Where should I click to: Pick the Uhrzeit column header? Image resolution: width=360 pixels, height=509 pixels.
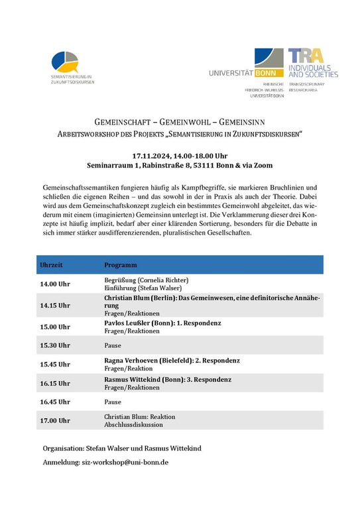point(52,264)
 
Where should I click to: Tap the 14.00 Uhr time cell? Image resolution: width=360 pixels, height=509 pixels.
point(55,284)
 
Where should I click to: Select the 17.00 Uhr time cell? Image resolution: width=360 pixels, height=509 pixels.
point(55,420)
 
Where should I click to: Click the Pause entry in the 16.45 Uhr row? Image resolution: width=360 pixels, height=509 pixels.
point(113,402)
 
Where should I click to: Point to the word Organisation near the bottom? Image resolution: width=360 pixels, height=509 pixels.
point(64,449)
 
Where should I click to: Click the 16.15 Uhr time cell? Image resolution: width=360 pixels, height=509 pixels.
point(55,383)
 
